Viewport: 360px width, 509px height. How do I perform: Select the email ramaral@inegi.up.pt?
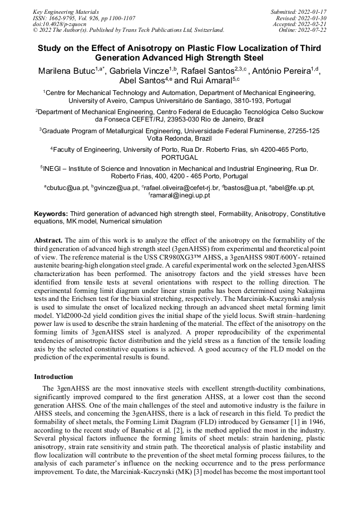tap(181, 195)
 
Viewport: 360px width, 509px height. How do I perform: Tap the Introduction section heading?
tap(54, 376)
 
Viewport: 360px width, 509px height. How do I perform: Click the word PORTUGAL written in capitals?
tap(179, 158)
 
